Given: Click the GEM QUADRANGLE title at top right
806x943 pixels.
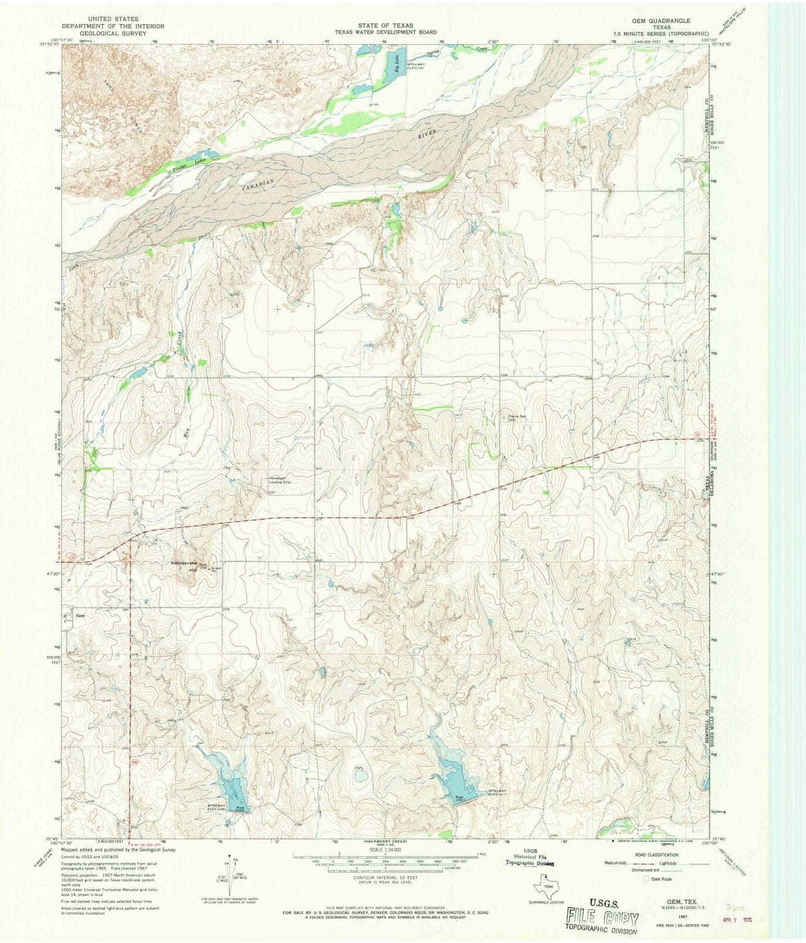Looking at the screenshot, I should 661,20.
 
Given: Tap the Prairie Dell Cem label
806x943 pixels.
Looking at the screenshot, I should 517,418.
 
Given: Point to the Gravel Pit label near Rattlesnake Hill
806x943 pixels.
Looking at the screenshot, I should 216,569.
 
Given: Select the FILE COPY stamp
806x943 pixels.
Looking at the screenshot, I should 602,918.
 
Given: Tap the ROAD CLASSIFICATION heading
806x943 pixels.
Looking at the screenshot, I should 656,855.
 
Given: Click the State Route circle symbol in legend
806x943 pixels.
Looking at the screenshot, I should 646,879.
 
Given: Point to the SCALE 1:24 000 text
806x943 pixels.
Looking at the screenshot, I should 385,850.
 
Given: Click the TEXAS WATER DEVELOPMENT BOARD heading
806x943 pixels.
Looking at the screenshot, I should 386,32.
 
